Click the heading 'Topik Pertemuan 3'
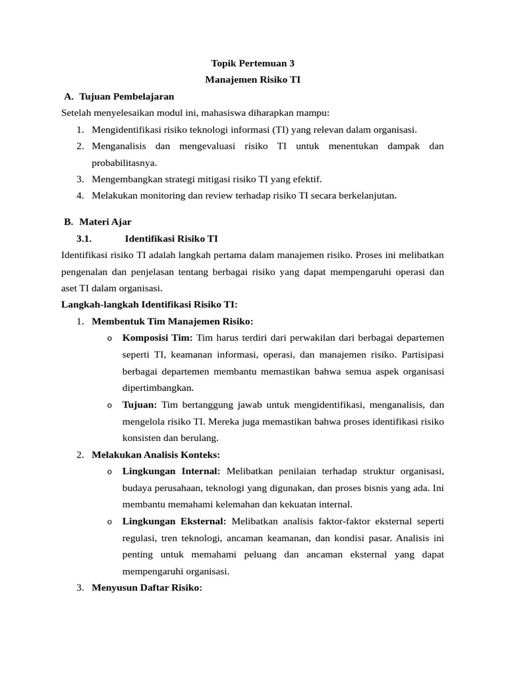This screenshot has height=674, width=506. point(252,64)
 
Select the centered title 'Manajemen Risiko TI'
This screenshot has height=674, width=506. point(252,80)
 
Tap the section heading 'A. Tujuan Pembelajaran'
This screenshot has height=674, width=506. point(119,96)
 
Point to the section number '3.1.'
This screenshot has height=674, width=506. point(87,238)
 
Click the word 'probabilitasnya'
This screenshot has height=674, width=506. point(124,163)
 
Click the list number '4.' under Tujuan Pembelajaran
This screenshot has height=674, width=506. point(80,195)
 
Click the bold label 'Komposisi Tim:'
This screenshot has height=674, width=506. point(157,338)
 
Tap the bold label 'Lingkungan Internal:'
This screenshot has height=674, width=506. point(173,471)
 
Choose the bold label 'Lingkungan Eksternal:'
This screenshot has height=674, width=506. point(174,521)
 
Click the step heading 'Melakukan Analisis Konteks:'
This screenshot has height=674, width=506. point(156,455)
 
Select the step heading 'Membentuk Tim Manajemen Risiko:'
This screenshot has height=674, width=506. point(173,321)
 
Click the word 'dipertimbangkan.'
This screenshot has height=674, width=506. point(158,388)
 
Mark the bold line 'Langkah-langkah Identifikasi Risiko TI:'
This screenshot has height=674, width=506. point(149,305)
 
